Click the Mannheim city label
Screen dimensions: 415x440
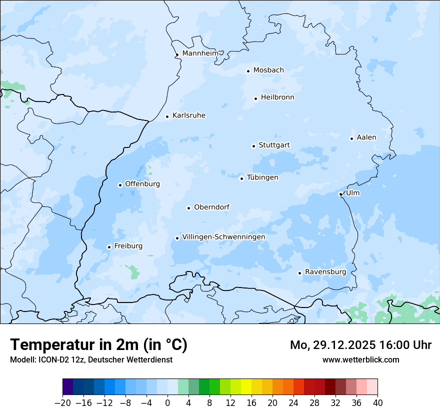point(200,53)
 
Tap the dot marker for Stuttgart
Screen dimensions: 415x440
point(253,146)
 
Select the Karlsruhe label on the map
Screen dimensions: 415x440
point(188,115)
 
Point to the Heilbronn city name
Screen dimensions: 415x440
point(277,97)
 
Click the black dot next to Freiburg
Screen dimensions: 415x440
point(109,247)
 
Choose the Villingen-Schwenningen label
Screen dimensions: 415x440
point(223,237)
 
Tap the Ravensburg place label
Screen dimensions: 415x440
point(325,272)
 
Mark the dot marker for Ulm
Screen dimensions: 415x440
point(340,194)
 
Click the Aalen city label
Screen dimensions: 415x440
point(366,137)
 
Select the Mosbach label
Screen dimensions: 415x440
point(268,70)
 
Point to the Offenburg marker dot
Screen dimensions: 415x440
point(120,185)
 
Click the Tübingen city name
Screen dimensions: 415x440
point(262,177)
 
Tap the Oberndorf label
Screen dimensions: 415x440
point(211,207)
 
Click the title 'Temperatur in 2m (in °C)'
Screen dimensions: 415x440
point(98,345)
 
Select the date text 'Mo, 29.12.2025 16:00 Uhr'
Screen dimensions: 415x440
point(360,345)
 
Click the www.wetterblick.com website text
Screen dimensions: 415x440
point(360,359)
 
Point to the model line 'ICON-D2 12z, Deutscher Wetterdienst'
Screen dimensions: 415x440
point(91,359)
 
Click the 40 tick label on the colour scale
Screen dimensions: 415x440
point(377,403)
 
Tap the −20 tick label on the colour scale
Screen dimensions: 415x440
point(62,403)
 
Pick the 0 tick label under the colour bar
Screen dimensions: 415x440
point(167,403)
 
